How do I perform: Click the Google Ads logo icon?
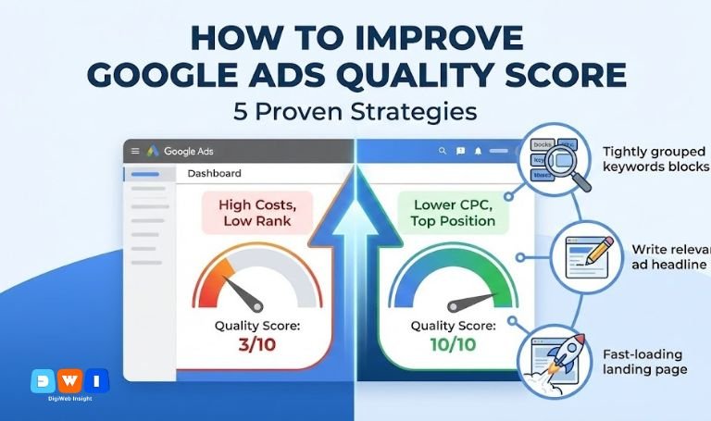(153, 151)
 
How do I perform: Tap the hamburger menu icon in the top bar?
(134, 151)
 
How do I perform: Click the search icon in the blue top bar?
(443, 151)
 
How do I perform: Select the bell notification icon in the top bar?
(478, 151)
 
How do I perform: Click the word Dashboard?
(214, 173)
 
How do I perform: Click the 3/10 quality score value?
(257, 345)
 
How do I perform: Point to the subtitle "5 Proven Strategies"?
(355, 112)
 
